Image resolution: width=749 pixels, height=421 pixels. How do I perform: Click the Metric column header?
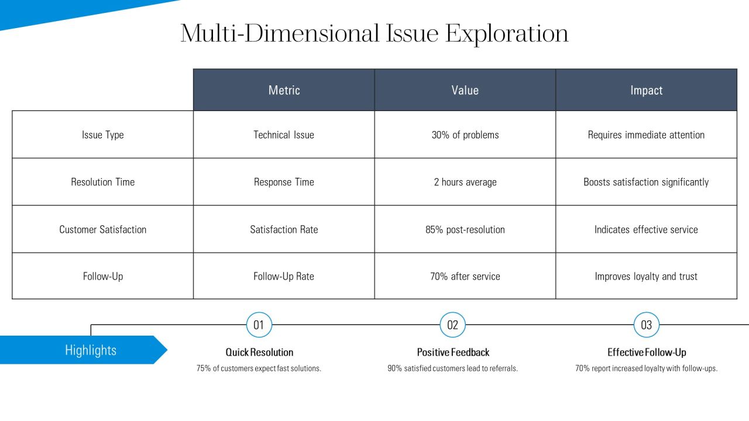284,90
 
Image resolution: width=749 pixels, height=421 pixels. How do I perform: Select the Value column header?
465,90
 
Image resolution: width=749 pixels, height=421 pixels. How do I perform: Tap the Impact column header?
647,90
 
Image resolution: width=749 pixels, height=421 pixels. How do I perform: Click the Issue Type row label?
102,134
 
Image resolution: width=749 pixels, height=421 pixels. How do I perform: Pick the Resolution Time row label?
102,182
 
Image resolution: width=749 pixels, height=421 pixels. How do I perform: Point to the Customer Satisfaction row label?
102,229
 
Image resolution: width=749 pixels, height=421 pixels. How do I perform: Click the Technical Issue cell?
284,134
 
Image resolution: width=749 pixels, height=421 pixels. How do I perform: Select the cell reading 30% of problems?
465,134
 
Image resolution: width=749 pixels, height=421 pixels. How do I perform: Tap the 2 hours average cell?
465,182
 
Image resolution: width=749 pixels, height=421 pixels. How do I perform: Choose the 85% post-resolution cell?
465,229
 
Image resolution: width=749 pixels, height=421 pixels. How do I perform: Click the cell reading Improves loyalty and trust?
647,276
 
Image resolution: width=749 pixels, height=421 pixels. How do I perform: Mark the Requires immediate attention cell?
647,134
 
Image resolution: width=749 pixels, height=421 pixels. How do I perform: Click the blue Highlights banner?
84,350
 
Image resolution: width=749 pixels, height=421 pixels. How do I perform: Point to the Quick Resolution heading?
259,352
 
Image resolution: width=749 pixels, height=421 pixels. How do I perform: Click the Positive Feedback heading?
453,352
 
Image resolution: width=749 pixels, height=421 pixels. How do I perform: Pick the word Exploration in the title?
507,34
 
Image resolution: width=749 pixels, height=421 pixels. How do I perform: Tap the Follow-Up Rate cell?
284,276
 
